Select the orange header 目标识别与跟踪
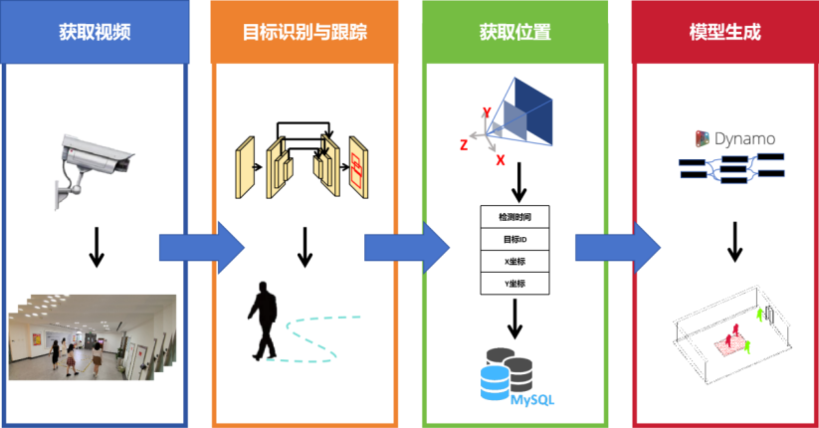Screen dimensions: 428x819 (x=305, y=32)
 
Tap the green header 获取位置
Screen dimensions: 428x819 (x=513, y=32)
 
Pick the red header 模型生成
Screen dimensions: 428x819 (x=723, y=32)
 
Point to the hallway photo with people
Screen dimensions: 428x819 (x=92, y=338)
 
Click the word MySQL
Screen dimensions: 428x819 (x=532, y=399)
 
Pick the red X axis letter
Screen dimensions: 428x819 (x=500, y=159)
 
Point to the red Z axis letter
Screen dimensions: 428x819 (x=464, y=145)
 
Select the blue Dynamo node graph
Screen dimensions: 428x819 (x=731, y=167)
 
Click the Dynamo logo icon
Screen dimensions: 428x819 (x=703, y=138)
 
